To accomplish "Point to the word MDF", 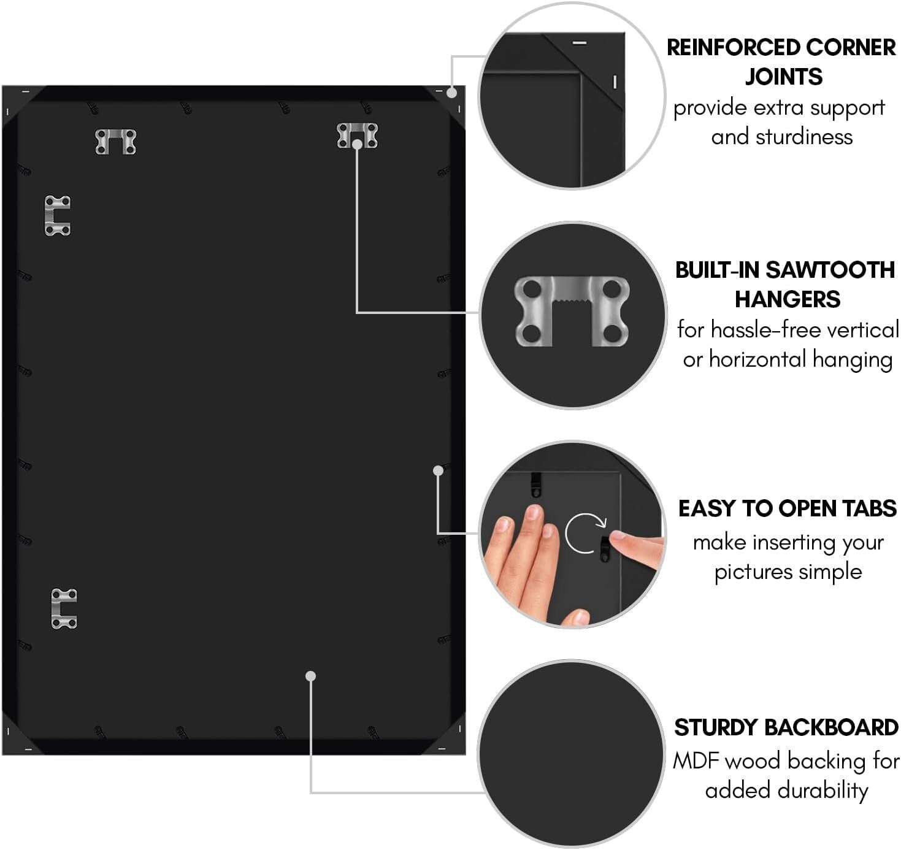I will [x=697, y=761].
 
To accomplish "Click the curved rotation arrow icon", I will [x=585, y=532].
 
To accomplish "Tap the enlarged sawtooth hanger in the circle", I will [x=572, y=311].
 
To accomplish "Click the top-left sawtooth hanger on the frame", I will [x=116, y=141].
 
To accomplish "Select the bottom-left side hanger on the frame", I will [x=64, y=608].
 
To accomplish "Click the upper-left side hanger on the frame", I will [x=58, y=215].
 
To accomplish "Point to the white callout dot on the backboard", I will [x=311, y=676].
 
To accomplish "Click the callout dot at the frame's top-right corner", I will [x=452, y=93].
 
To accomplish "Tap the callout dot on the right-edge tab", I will [x=438, y=470].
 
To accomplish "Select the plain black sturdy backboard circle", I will [x=571, y=754].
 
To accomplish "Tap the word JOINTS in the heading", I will [x=783, y=77].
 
